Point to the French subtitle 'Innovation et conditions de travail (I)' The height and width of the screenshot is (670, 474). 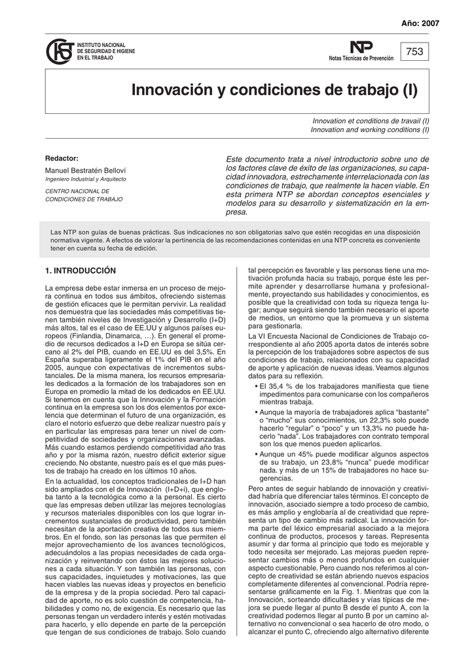pos(370,122)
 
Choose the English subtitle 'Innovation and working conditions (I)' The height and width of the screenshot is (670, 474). pos(370,130)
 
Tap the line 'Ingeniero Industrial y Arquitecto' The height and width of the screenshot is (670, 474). pos(85,179)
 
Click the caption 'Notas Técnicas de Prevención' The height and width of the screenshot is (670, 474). pos(361,59)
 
